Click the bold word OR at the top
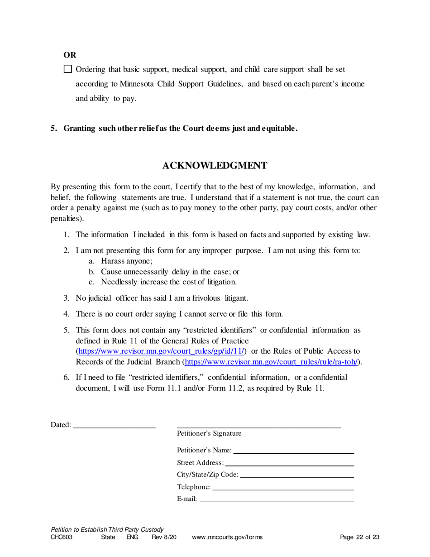click(69, 55)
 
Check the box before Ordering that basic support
click(68, 69)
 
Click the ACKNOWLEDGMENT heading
click(215, 166)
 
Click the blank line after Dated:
click(114, 425)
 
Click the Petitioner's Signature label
click(209, 433)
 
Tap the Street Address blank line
click(289, 463)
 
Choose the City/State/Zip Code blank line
click(297, 475)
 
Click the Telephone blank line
click(283, 487)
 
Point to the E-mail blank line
click(277, 499)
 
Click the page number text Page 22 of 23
click(359, 538)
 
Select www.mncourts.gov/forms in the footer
click(227, 538)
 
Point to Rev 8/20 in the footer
click(164, 538)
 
